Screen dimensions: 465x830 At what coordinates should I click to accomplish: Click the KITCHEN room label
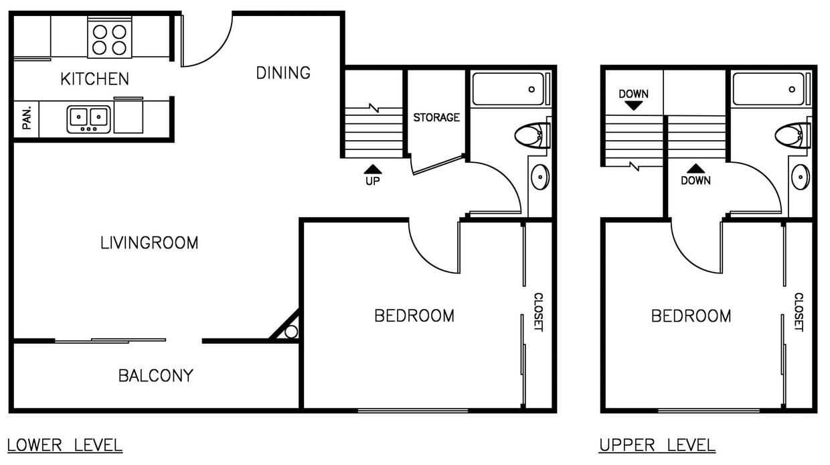click(94, 79)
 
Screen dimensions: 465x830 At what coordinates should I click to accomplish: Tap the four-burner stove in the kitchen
click(110, 39)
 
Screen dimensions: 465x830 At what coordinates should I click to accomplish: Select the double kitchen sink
click(88, 119)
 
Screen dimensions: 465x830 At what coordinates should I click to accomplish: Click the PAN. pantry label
click(27, 119)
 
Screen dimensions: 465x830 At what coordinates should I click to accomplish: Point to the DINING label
click(283, 72)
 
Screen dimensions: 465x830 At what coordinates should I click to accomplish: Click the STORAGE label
click(436, 117)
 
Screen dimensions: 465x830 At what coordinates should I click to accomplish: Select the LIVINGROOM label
click(149, 243)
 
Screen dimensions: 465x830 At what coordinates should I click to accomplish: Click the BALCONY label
click(155, 376)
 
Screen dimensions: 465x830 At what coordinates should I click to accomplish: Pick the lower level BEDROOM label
click(414, 316)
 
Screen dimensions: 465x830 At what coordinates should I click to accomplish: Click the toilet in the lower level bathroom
click(533, 135)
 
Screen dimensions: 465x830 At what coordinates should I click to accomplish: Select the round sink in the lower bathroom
click(539, 177)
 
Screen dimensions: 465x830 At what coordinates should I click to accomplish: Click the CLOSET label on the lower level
click(537, 312)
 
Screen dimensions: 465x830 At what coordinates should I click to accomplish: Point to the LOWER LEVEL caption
click(65, 444)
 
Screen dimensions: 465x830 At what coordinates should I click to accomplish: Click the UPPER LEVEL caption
click(657, 444)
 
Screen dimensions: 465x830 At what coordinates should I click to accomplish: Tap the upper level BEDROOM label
click(691, 316)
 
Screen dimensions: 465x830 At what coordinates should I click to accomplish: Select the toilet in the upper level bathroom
click(793, 135)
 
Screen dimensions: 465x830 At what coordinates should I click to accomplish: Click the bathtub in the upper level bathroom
click(769, 89)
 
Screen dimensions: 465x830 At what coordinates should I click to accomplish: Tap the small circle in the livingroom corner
click(290, 332)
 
